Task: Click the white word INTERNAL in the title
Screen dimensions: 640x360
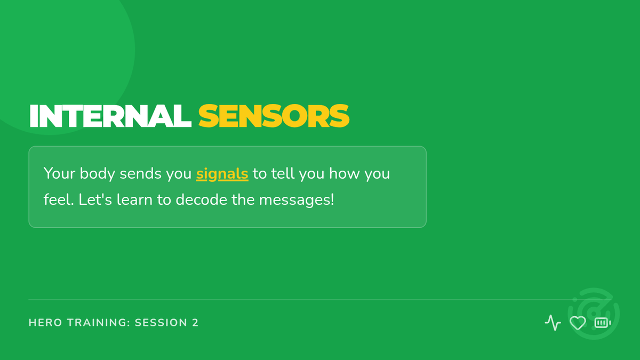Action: [x=110, y=116]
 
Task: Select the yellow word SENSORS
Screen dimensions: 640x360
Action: [x=274, y=116]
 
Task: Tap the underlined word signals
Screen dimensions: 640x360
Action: [x=222, y=174]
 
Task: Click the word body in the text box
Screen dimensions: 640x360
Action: [x=97, y=173]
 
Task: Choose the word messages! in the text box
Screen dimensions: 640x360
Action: [x=297, y=200]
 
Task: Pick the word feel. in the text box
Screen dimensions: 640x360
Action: [x=59, y=199]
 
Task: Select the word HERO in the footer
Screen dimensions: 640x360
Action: [x=45, y=323]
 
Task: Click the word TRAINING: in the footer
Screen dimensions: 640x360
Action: [x=99, y=323]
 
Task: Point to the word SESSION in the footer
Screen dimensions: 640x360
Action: [x=161, y=323]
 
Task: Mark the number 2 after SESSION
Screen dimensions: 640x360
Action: [x=195, y=323]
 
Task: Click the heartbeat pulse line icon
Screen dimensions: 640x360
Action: [x=553, y=323]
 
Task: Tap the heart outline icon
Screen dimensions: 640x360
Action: [x=578, y=323]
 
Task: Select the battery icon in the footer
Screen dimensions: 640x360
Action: [x=603, y=323]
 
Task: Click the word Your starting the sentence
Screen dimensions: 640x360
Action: [x=59, y=173]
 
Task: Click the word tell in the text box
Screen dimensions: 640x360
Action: [x=283, y=173]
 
